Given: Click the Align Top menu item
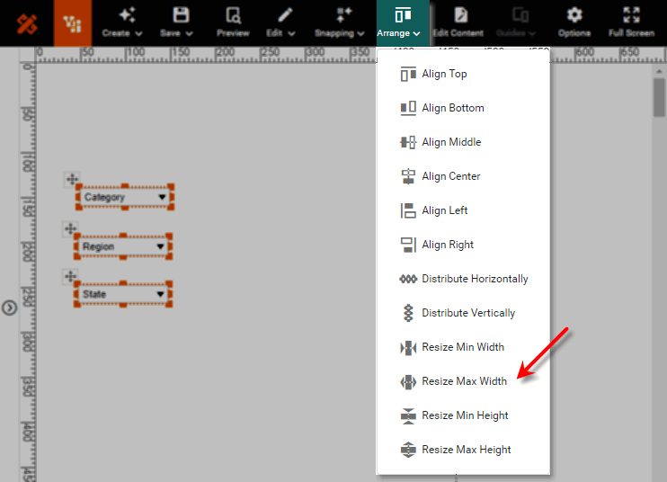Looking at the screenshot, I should coord(444,74).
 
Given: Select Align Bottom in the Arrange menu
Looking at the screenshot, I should coord(452,108).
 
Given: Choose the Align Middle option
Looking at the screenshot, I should coord(451,142).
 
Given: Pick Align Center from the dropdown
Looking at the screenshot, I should coord(450,176).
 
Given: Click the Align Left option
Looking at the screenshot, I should coord(444,210).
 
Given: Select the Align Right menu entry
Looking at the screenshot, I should coord(448,245).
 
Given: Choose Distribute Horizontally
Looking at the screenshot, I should coord(475,279).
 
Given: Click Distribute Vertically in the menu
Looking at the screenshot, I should coord(468,313).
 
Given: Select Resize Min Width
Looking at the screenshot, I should coord(463,347).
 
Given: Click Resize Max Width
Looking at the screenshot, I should coord(464,381).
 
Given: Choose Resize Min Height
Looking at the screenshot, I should coord(465,415).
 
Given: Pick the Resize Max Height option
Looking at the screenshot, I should coord(466,450).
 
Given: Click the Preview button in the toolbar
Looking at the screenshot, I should coord(233,22).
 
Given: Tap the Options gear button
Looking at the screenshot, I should coord(574,22).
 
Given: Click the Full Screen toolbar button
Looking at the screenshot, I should coord(631,22).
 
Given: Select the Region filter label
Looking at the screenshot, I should coord(99,246).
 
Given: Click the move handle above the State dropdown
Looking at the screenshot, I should coord(71,276).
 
